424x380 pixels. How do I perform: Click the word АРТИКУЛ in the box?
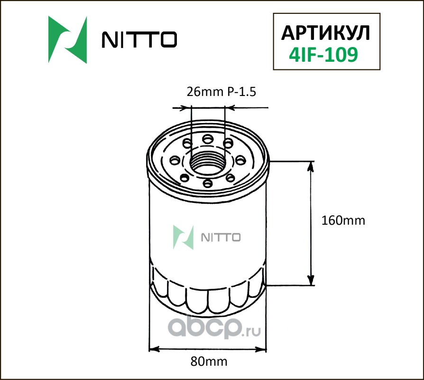pos(325,33)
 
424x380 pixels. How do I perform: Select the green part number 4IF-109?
pos(323,55)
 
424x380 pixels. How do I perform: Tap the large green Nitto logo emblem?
pos(68,40)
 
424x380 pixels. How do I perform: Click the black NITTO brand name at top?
pos(139,39)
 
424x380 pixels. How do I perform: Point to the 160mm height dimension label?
pos(343,221)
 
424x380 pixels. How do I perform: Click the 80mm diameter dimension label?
pos(209,361)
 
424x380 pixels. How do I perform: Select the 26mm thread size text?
pos(205,92)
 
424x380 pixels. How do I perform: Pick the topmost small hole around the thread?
pos(208,139)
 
